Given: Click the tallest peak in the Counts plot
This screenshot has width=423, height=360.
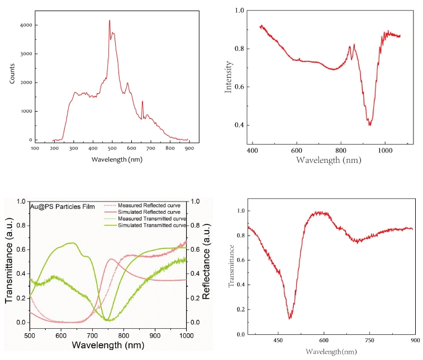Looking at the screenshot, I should [x=110, y=21].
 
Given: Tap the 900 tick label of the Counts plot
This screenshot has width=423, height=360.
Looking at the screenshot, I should [x=189, y=148].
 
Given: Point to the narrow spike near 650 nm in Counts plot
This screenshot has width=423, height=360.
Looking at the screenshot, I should [x=142, y=102].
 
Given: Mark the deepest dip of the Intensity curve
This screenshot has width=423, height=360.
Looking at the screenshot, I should [x=369, y=124].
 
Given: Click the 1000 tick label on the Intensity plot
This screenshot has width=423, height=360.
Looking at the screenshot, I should [x=385, y=151].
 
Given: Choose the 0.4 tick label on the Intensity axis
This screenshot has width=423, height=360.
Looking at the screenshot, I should [x=239, y=125].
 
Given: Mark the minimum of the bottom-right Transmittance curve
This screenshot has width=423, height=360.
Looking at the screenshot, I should [x=289, y=318].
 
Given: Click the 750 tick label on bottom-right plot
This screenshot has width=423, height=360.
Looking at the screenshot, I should [x=369, y=340].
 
